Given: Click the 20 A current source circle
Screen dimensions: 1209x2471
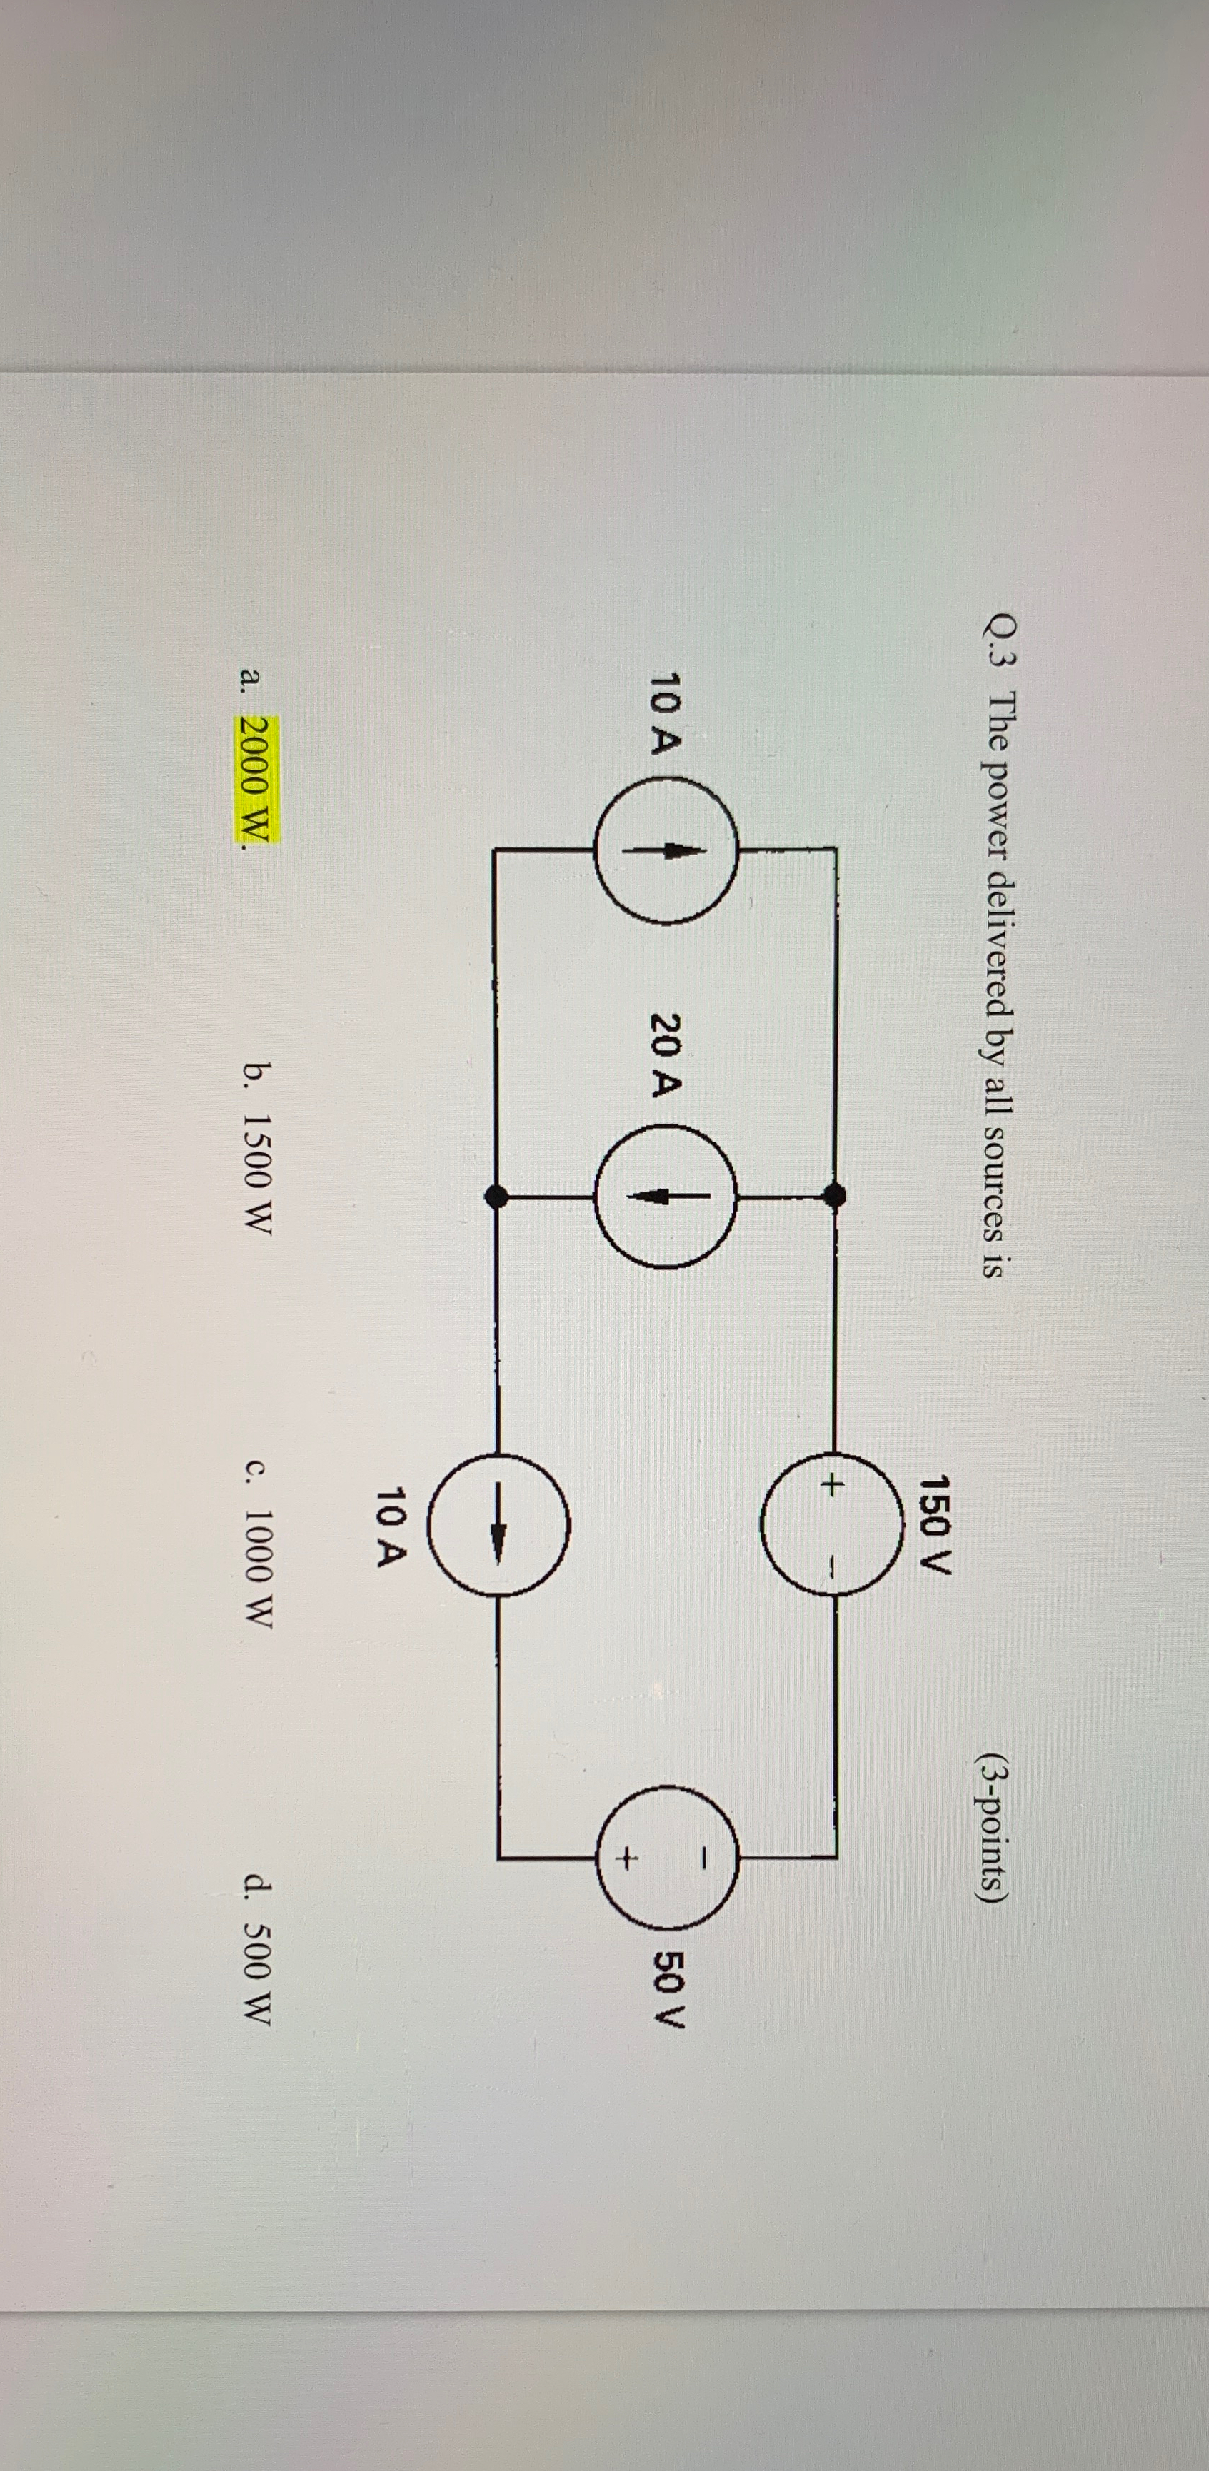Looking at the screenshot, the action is (666, 1195).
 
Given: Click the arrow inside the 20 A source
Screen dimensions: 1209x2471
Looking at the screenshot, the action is (666, 1195).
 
